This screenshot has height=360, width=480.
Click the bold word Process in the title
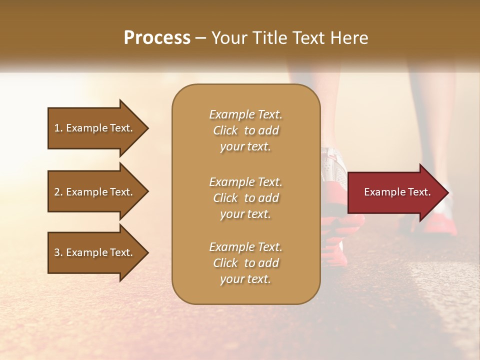pos(157,38)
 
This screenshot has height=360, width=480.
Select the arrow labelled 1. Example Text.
pos(95,128)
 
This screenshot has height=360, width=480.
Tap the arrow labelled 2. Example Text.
pos(95,192)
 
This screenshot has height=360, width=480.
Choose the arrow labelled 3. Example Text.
pos(95,252)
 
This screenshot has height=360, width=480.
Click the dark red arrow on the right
pos(395,192)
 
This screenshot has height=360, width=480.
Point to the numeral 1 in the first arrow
pos(57,128)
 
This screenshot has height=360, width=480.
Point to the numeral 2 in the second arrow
pos(57,192)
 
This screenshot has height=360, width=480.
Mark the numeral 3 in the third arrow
pos(57,252)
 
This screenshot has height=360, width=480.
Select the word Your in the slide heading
pos(228,38)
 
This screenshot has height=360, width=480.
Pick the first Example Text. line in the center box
pos(245,114)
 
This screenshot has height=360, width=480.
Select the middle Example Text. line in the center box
pos(245,182)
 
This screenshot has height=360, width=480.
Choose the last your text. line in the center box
pos(245,279)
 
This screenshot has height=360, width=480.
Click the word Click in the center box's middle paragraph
pos(225,198)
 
